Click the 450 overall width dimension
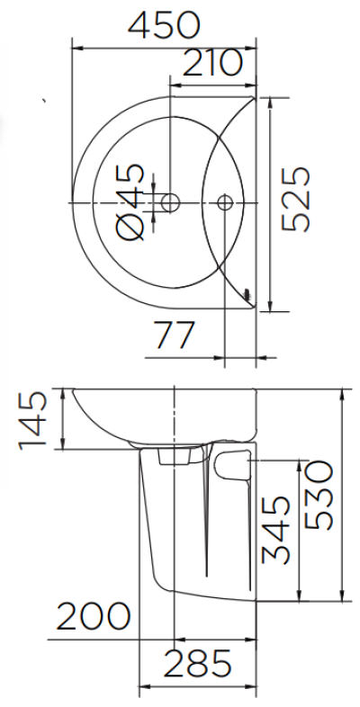[x=164, y=24]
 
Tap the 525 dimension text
[x=297, y=200]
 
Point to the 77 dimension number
[x=175, y=336]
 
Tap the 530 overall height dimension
[x=319, y=496]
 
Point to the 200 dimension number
[x=93, y=618]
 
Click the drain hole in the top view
[x=168, y=201]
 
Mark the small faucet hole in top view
[x=225, y=201]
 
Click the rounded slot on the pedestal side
[x=232, y=464]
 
